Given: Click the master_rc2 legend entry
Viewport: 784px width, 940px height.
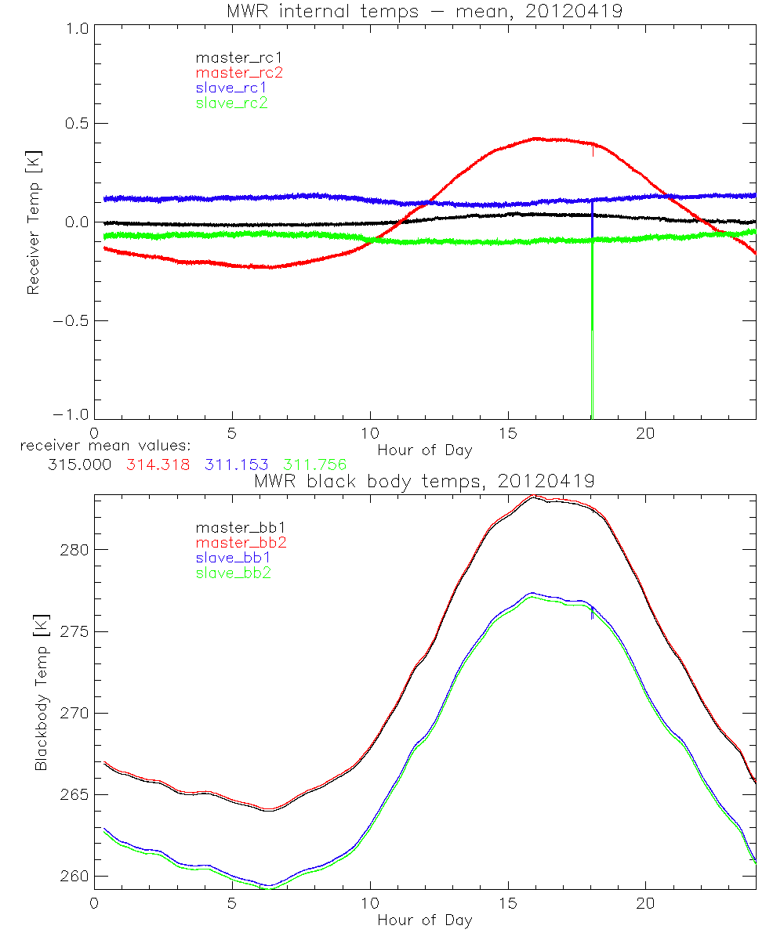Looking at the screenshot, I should [x=239, y=72].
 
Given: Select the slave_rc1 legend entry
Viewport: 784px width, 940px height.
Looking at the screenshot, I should [x=233, y=87].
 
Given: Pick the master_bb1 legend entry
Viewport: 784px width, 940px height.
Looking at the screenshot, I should [x=239, y=528].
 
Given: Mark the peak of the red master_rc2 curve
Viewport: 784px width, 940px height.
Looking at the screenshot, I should [x=536, y=138].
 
